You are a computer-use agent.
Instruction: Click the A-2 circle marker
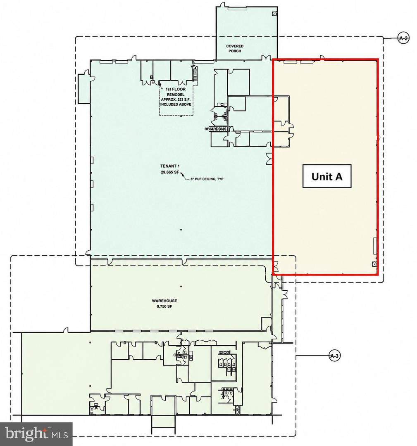pyautogui.click(x=403, y=38)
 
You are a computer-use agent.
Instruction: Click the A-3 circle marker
pyautogui.click(x=335, y=356)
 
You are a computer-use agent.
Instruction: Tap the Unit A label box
pyautogui.click(x=327, y=176)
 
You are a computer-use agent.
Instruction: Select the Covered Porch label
pyautogui.click(x=235, y=48)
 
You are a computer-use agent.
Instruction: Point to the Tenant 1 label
pyautogui.click(x=169, y=166)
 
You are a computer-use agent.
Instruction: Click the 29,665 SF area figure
pyautogui.click(x=169, y=172)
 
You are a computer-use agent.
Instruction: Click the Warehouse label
pyautogui.click(x=164, y=301)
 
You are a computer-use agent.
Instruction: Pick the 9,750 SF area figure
pyautogui.click(x=164, y=306)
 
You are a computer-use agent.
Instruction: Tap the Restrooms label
pyautogui.click(x=215, y=129)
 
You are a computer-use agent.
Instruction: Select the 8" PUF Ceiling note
pyautogui.click(x=207, y=179)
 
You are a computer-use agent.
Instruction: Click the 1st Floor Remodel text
pyautogui.click(x=176, y=92)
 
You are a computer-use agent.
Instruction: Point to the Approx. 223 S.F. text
pyautogui.click(x=176, y=100)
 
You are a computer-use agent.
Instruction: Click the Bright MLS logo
pyautogui.click(x=36, y=434)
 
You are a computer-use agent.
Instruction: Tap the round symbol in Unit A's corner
pyautogui.click(x=374, y=264)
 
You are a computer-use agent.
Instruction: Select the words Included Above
pyautogui.click(x=176, y=104)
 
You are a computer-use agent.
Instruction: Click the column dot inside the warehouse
pyautogui.click(x=181, y=287)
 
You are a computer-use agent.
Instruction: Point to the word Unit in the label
pyautogui.click(x=319, y=176)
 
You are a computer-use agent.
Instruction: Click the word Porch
pyautogui.click(x=235, y=51)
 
